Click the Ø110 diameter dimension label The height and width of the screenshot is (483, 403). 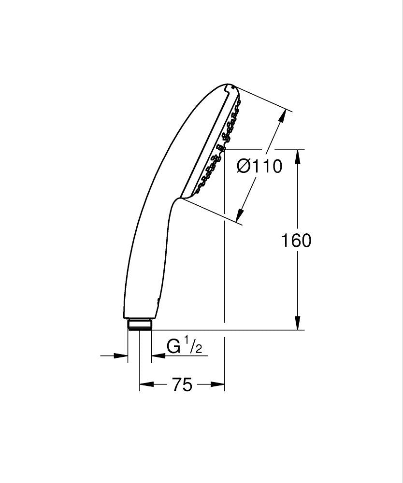pos(259,167)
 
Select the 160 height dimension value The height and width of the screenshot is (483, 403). pos(296,240)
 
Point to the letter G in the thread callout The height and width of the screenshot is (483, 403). pos(174,346)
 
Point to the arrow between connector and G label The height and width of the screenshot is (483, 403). pos(158,356)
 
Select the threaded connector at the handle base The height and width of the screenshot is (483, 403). pos(140,324)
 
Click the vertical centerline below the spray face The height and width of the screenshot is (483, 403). pos(225,266)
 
